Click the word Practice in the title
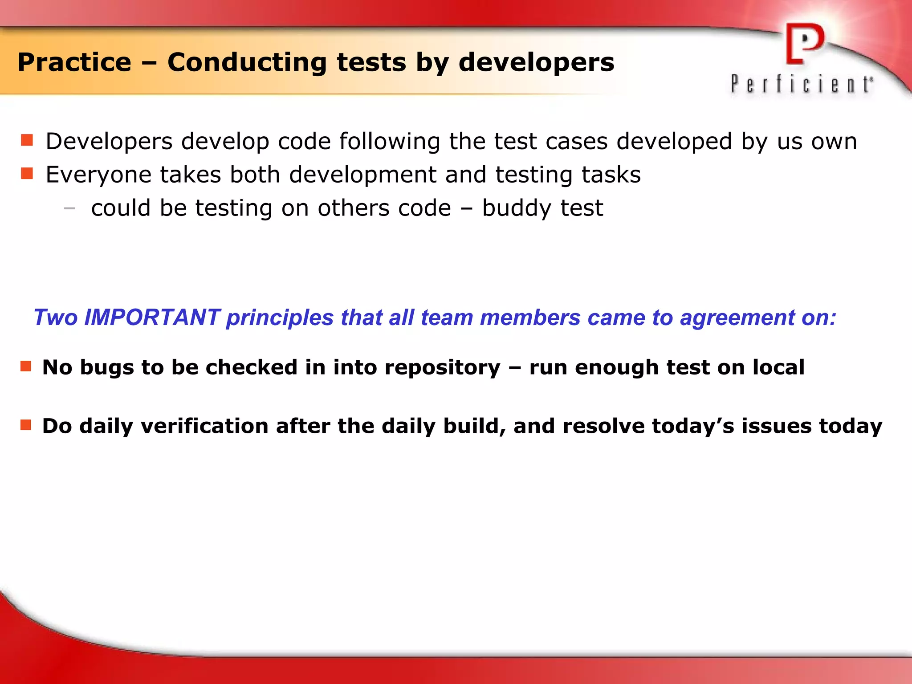click(x=74, y=62)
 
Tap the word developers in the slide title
click(x=536, y=62)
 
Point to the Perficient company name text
click(x=802, y=84)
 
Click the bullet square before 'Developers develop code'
click(x=27, y=140)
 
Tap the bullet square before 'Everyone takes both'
click(x=27, y=173)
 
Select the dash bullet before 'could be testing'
click(x=69, y=208)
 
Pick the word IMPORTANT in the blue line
click(x=152, y=318)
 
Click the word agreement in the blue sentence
click(x=737, y=318)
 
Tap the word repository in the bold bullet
click(x=443, y=368)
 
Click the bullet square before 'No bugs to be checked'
click(x=26, y=366)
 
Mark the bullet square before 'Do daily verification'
click(x=26, y=425)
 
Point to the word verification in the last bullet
click(x=204, y=426)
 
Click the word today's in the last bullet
click(x=693, y=426)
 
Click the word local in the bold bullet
click(x=778, y=368)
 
